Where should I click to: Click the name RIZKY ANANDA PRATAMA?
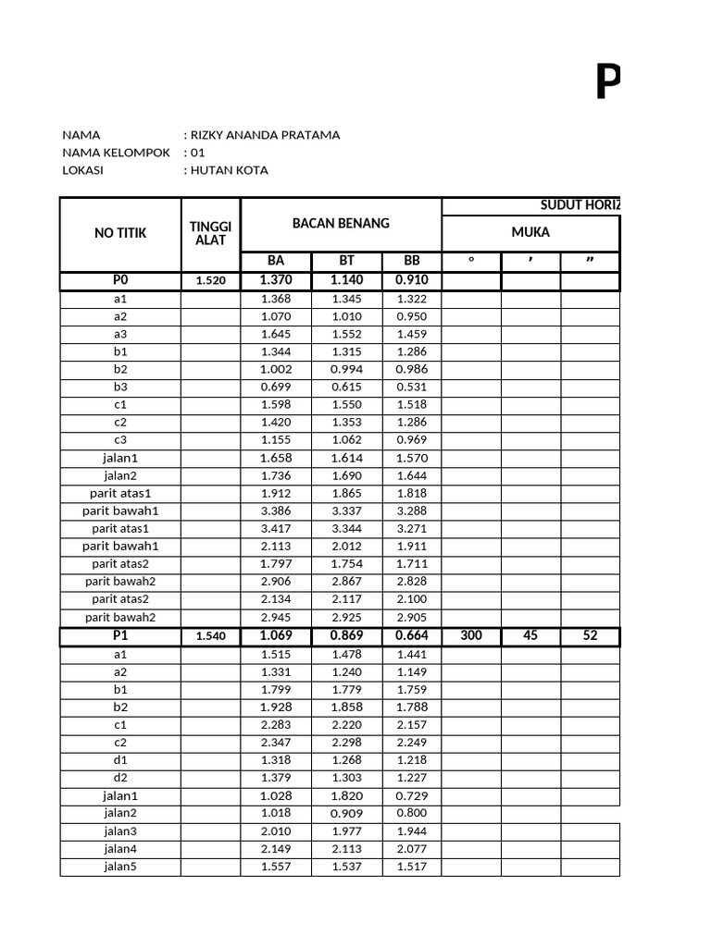coord(264,135)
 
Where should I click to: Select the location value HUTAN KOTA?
coord(229,170)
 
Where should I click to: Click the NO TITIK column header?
coord(120,233)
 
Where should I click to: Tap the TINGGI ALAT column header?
coord(210,233)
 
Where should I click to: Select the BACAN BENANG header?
coord(341,223)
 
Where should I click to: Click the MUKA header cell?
coord(530,232)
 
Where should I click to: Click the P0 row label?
coord(120,280)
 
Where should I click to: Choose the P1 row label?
coord(120,636)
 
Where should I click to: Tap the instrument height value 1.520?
coord(210,281)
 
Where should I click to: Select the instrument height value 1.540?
coord(210,637)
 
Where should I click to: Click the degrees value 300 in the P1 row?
coord(471,636)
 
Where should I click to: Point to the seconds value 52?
coord(590,636)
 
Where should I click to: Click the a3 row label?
coord(120,334)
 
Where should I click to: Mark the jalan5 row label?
coord(120,867)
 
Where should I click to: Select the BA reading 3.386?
coord(276,510)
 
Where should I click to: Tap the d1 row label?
coord(120,760)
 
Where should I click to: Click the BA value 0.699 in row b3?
coord(276,387)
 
